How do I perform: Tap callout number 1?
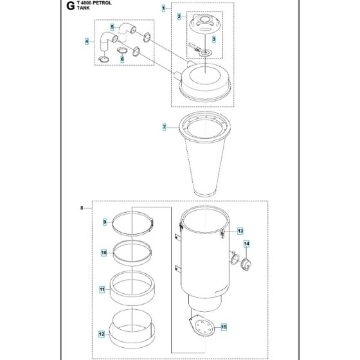pos(163,8)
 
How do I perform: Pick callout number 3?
pos(223,40)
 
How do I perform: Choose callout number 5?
pos(112,27)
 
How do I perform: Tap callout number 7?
pos(164,128)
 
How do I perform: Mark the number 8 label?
pos(82,208)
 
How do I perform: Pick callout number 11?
pos(102,290)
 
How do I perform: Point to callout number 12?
pos(102,334)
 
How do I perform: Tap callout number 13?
pos(240,230)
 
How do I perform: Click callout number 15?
pos(241,327)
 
